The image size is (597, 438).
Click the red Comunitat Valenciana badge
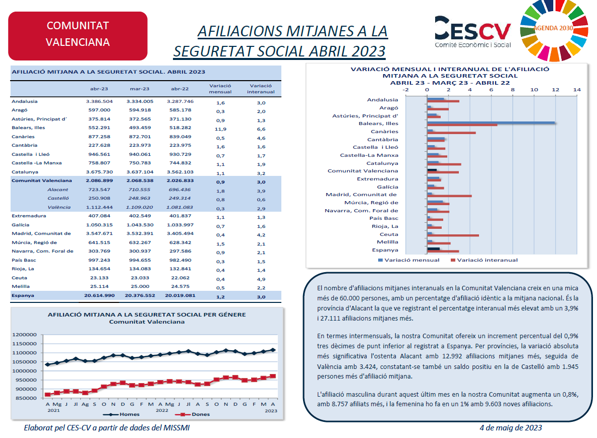point(78,36)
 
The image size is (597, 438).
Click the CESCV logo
point(473,32)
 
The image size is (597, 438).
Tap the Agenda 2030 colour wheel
point(554,30)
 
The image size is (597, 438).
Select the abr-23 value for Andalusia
point(99,102)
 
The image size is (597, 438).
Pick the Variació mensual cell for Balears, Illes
point(220,129)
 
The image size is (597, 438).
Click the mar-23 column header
point(140,89)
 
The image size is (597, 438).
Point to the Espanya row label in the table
point(23,296)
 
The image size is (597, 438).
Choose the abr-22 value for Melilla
point(180,287)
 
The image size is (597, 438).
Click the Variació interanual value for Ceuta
point(261,279)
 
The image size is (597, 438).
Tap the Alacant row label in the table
point(58,190)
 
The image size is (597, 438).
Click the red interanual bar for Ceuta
point(453,235)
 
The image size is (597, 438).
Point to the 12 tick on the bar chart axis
point(556,90)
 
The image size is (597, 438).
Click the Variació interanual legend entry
point(484,260)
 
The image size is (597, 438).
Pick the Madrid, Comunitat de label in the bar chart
point(362,195)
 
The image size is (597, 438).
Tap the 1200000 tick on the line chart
point(24,335)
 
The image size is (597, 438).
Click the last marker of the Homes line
point(273,350)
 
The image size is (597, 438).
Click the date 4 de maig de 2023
point(511,428)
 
